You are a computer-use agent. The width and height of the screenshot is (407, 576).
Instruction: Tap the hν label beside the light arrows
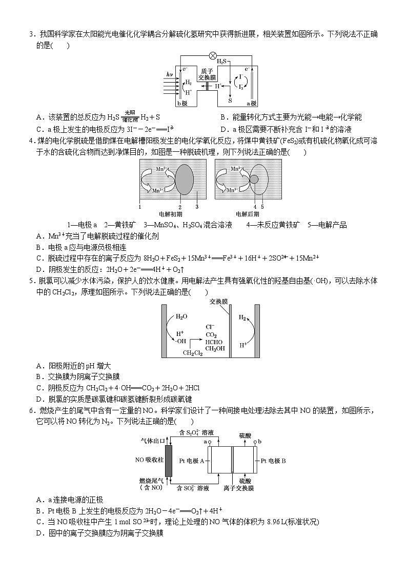170,74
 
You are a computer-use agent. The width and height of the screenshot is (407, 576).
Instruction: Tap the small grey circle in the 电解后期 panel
254,179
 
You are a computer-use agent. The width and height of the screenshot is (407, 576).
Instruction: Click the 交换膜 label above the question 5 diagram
218,302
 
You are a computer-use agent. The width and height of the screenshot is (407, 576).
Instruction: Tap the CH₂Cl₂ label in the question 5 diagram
193,353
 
